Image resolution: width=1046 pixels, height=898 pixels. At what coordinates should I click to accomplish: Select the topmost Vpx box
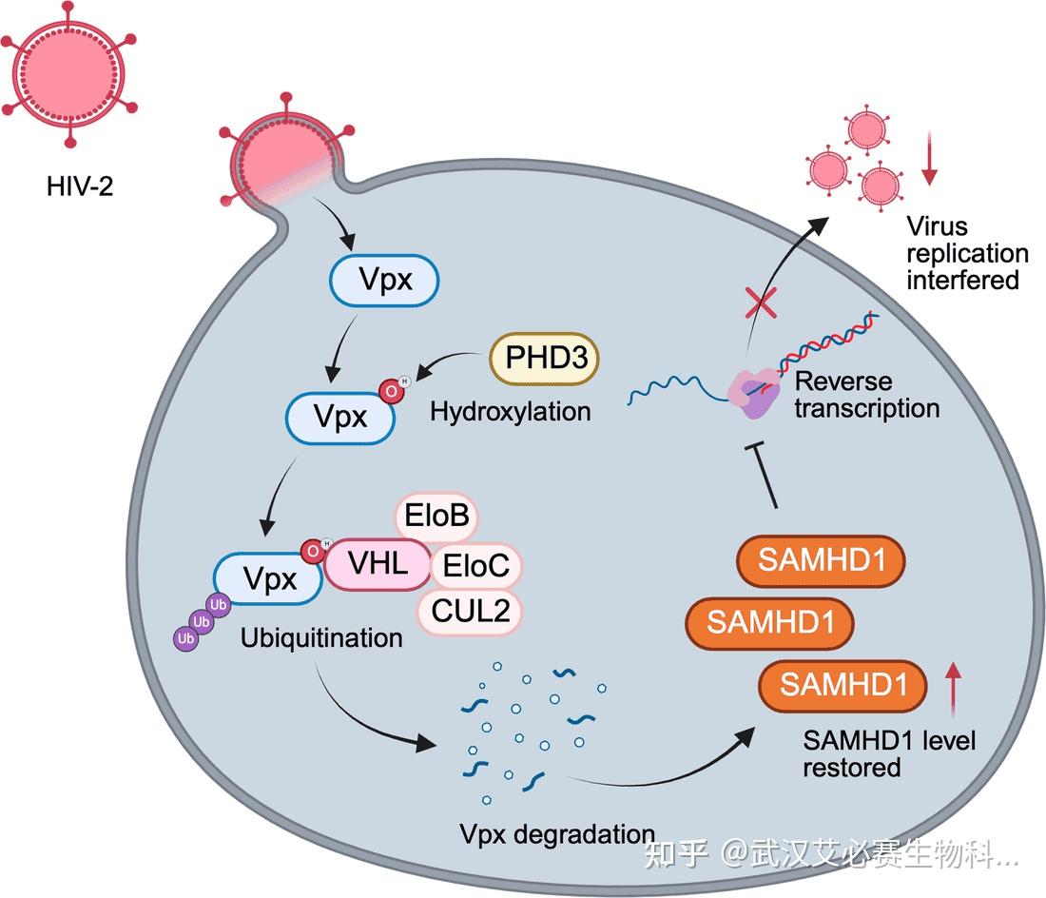tap(384, 280)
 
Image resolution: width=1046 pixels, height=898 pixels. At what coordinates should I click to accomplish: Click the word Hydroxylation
tap(510, 411)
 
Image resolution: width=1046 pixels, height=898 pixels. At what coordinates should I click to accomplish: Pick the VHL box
tap(378, 565)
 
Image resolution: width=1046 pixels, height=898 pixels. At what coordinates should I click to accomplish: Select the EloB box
tap(436, 517)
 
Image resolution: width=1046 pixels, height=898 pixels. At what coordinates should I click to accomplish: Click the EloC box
tap(476, 568)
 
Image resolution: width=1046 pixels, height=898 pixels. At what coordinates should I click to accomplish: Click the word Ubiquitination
tap(321, 637)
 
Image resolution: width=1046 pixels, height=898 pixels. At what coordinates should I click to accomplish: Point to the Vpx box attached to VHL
tap(269, 578)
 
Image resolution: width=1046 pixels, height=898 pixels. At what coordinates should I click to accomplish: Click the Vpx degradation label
tap(557, 834)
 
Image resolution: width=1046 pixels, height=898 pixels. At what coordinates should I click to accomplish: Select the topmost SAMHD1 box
tap(820, 561)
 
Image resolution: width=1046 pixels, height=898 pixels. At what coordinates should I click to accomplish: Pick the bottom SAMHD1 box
tap(842, 686)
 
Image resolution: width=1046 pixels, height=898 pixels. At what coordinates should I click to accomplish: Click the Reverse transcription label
tap(865, 395)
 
